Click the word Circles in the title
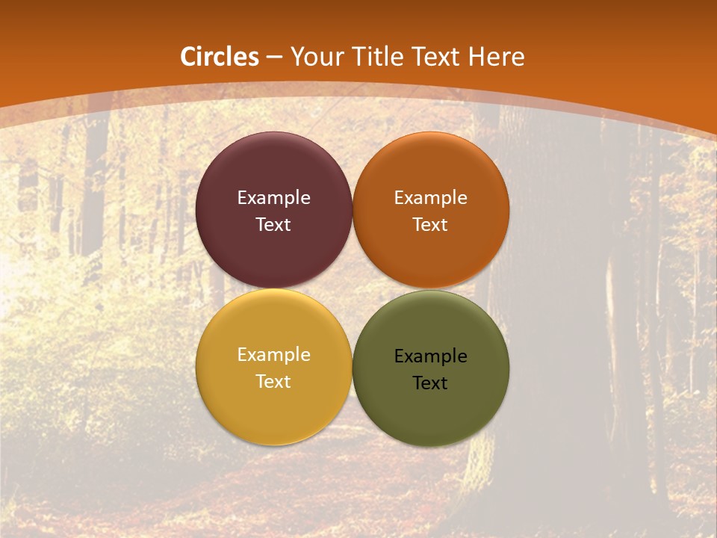(219, 57)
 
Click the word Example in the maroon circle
(273, 198)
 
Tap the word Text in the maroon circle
(273, 225)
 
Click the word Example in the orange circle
(430, 198)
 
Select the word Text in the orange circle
(430, 225)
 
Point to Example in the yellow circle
(273, 355)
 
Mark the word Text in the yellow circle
(273, 382)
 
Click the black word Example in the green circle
(430, 356)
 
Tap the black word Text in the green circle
(430, 383)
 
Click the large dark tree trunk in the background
(553, 299)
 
